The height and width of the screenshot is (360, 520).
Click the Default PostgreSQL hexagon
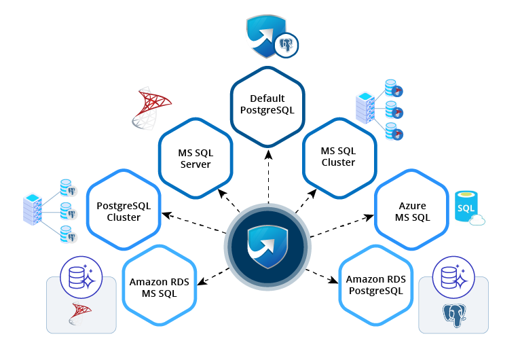(x=267, y=105)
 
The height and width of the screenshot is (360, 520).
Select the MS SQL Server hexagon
(x=196, y=158)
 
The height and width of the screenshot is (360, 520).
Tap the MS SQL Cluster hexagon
(x=338, y=158)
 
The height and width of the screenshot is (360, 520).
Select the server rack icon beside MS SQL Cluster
(x=365, y=109)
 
